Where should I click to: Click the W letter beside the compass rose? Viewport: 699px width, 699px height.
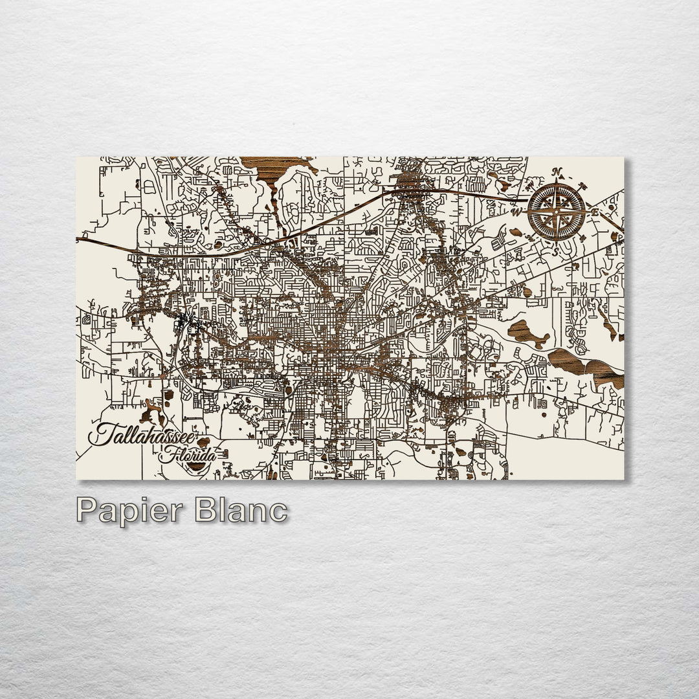pos(516,212)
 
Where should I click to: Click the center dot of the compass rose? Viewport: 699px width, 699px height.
pos(557,212)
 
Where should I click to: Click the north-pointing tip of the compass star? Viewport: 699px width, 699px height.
pos(557,184)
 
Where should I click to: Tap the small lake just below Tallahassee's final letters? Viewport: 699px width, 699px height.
pos(204,443)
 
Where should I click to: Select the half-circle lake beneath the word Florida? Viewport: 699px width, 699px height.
pos(195,466)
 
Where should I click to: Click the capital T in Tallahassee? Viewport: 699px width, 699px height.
pos(100,434)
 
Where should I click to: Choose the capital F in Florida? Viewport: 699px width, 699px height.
pos(166,454)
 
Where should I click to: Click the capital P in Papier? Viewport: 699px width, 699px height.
pos(87,511)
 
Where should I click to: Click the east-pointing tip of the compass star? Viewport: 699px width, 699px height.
pos(584,212)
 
